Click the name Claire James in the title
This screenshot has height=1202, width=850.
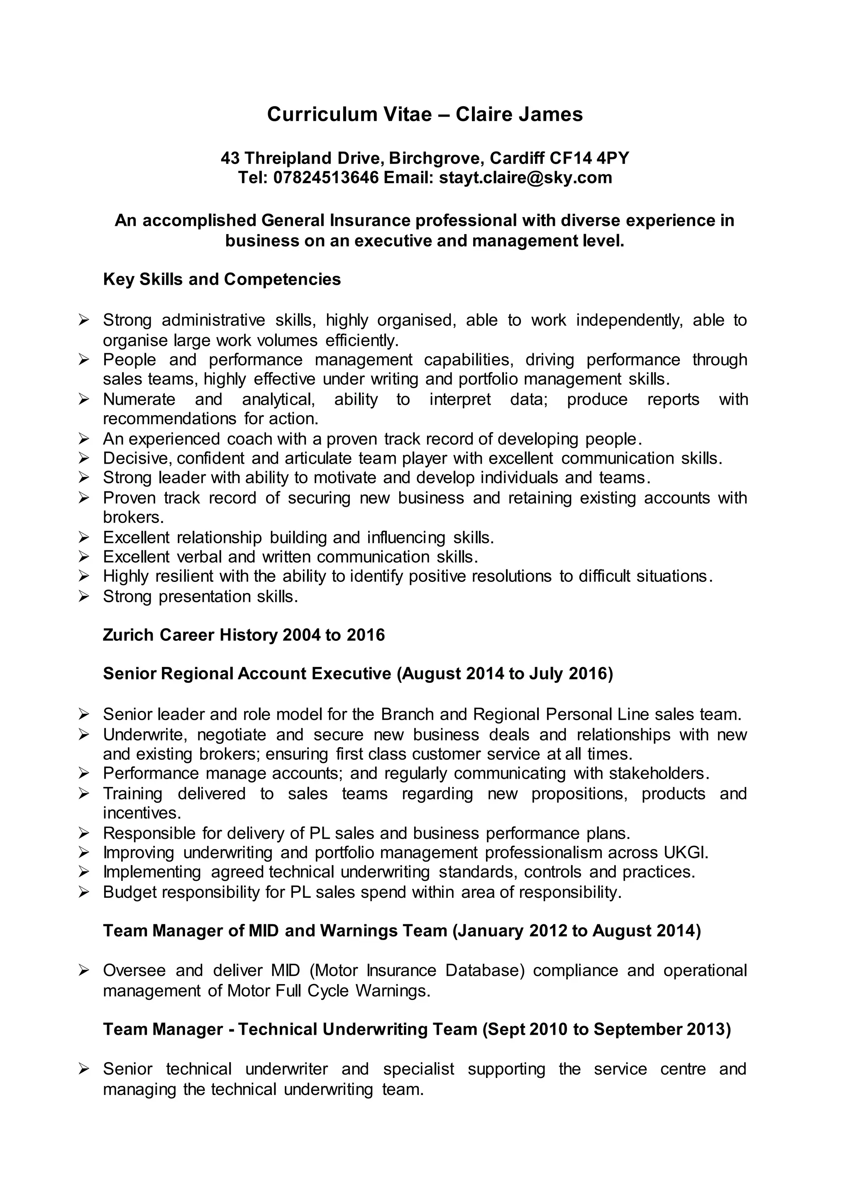click(x=519, y=115)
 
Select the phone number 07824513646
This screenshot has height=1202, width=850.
click(x=326, y=178)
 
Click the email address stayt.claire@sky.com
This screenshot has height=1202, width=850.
click(x=525, y=178)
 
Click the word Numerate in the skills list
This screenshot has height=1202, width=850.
click(x=139, y=399)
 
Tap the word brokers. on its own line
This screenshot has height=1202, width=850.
click(x=134, y=517)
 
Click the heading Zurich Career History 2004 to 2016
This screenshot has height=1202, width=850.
click(x=244, y=635)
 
